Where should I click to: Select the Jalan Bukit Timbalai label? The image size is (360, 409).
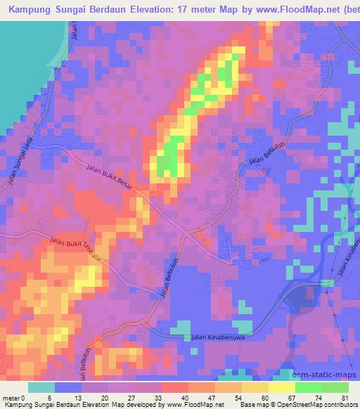(77, 249)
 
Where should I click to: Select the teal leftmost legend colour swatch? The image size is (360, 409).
(41, 387)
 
